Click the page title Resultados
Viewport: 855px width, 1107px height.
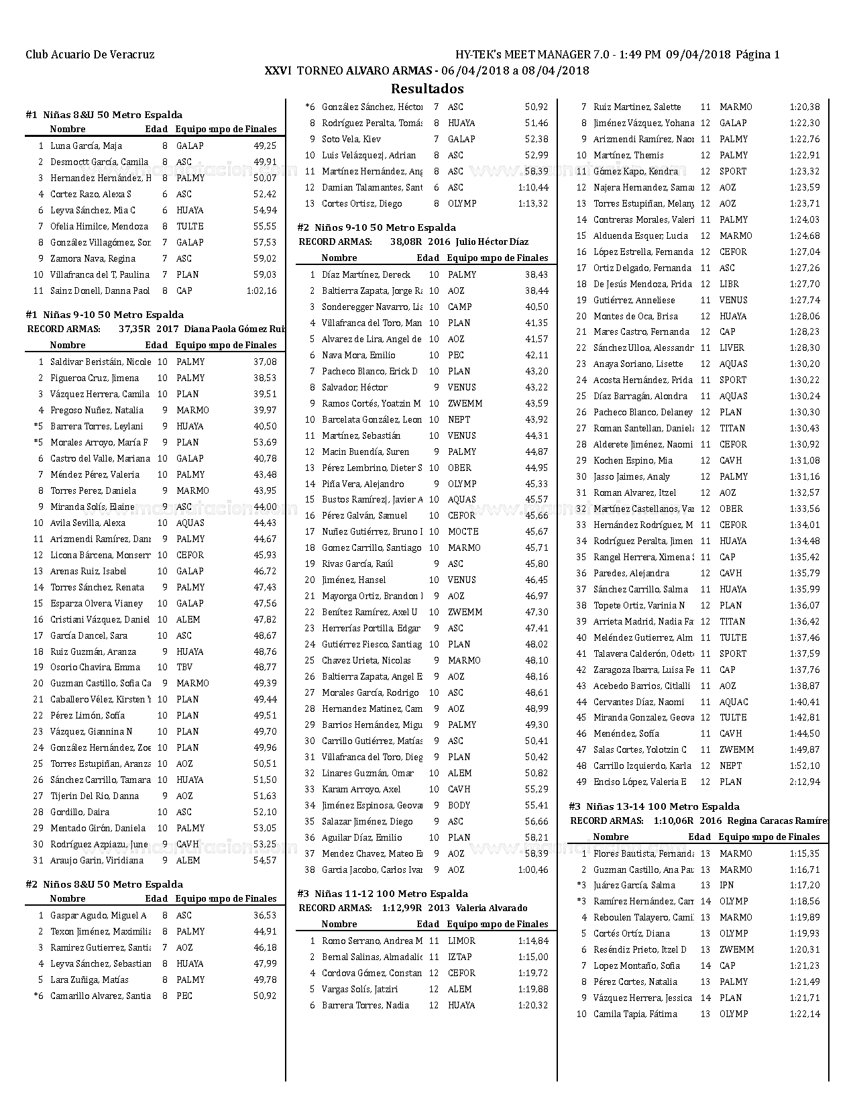click(x=427, y=89)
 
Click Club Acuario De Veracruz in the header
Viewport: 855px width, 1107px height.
click(x=90, y=55)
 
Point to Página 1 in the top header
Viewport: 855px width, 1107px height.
click(x=758, y=55)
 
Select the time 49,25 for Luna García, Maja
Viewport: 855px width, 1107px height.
click(x=265, y=146)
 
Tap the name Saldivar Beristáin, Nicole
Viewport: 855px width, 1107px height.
click(x=101, y=362)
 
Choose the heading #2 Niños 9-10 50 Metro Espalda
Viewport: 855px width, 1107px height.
click(x=376, y=227)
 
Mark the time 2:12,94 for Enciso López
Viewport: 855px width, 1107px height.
click(x=805, y=782)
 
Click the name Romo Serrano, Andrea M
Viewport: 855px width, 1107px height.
click(x=372, y=941)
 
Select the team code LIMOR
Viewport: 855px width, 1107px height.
click(x=461, y=941)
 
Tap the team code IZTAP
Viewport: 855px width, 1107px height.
click(x=460, y=957)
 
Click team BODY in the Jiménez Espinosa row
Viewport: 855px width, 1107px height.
click(x=459, y=805)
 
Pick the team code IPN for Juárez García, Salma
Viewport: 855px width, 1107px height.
click(x=727, y=885)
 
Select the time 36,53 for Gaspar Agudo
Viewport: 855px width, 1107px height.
click(x=265, y=915)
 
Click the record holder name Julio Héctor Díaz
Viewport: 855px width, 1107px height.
click(x=492, y=242)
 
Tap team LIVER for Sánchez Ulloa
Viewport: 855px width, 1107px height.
click(x=732, y=348)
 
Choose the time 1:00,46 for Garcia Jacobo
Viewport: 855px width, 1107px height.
click(x=533, y=869)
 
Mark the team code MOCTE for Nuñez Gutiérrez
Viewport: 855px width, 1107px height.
click(x=463, y=531)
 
